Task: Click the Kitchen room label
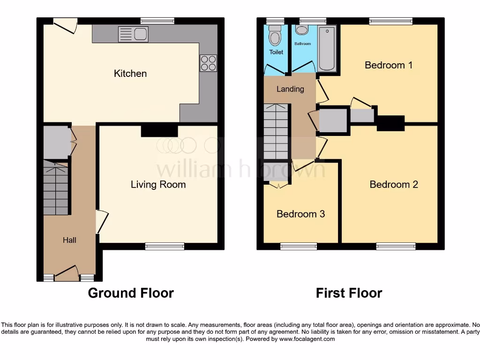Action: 130,74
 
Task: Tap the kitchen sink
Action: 133,34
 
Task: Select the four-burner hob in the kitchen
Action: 209,63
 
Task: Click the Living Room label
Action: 158,185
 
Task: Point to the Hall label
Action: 69,240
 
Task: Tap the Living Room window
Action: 165,246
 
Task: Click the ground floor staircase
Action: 56,187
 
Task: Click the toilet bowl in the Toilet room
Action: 275,35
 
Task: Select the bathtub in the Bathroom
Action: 327,48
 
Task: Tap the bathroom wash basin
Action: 301,30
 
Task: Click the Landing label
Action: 290,89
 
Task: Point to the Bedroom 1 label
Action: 389,65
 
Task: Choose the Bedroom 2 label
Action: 394,185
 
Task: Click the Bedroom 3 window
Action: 298,246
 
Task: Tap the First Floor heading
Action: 349,293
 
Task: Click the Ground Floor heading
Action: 131,293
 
